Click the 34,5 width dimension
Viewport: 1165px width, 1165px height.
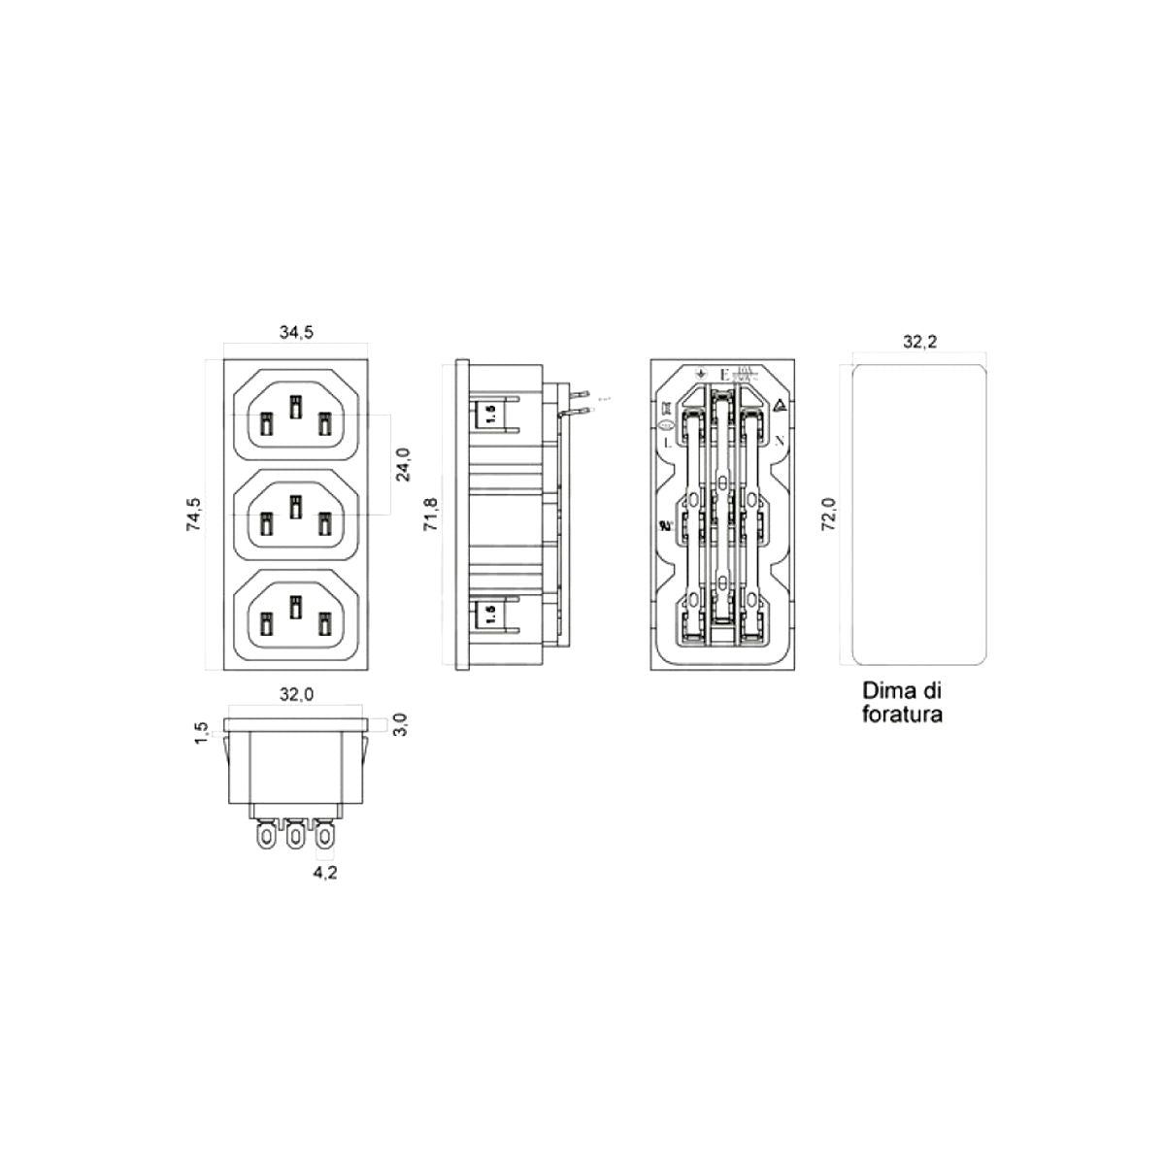(296, 332)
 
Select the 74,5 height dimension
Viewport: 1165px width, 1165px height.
(194, 514)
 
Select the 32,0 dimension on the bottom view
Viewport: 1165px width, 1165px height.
(296, 695)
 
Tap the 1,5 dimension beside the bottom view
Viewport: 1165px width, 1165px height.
(201, 731)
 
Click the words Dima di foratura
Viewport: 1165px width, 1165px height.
(903, 704)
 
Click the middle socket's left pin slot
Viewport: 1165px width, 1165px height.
(265, 524)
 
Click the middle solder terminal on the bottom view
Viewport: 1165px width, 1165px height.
(295, 835)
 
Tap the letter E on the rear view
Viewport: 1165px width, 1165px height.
(723, 375)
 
